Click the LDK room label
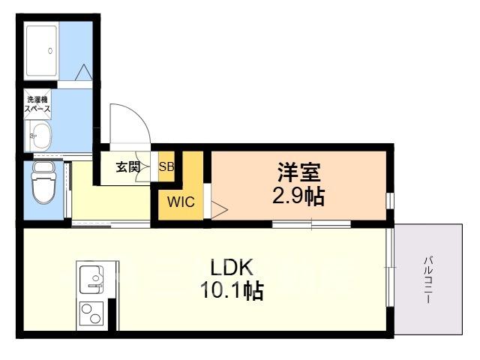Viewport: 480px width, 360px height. (232, 267)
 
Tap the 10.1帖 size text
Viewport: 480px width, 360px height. (232, 290)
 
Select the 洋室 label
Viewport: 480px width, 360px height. (299, 172)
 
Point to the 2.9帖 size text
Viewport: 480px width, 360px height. (298, 196)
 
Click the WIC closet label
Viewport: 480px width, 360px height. (181, 202)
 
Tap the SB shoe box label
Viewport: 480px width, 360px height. (166, 166)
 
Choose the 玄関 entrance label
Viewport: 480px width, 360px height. (128, 167)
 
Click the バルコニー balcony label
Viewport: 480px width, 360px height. (428, 280)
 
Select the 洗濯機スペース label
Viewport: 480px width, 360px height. (37, 104)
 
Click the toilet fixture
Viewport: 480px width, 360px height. (44, 183)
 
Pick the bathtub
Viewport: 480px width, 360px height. (41, 51)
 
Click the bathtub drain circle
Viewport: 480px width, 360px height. (50, 51)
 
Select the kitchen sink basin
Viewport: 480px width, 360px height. (91, 280)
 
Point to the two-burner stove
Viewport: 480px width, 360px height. (91, 313)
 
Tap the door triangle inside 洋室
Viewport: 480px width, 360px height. (219, 210)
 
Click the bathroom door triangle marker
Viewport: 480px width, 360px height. (83, 73)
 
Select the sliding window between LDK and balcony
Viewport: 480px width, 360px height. (390, 267)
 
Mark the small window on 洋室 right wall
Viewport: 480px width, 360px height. (390, 201)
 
